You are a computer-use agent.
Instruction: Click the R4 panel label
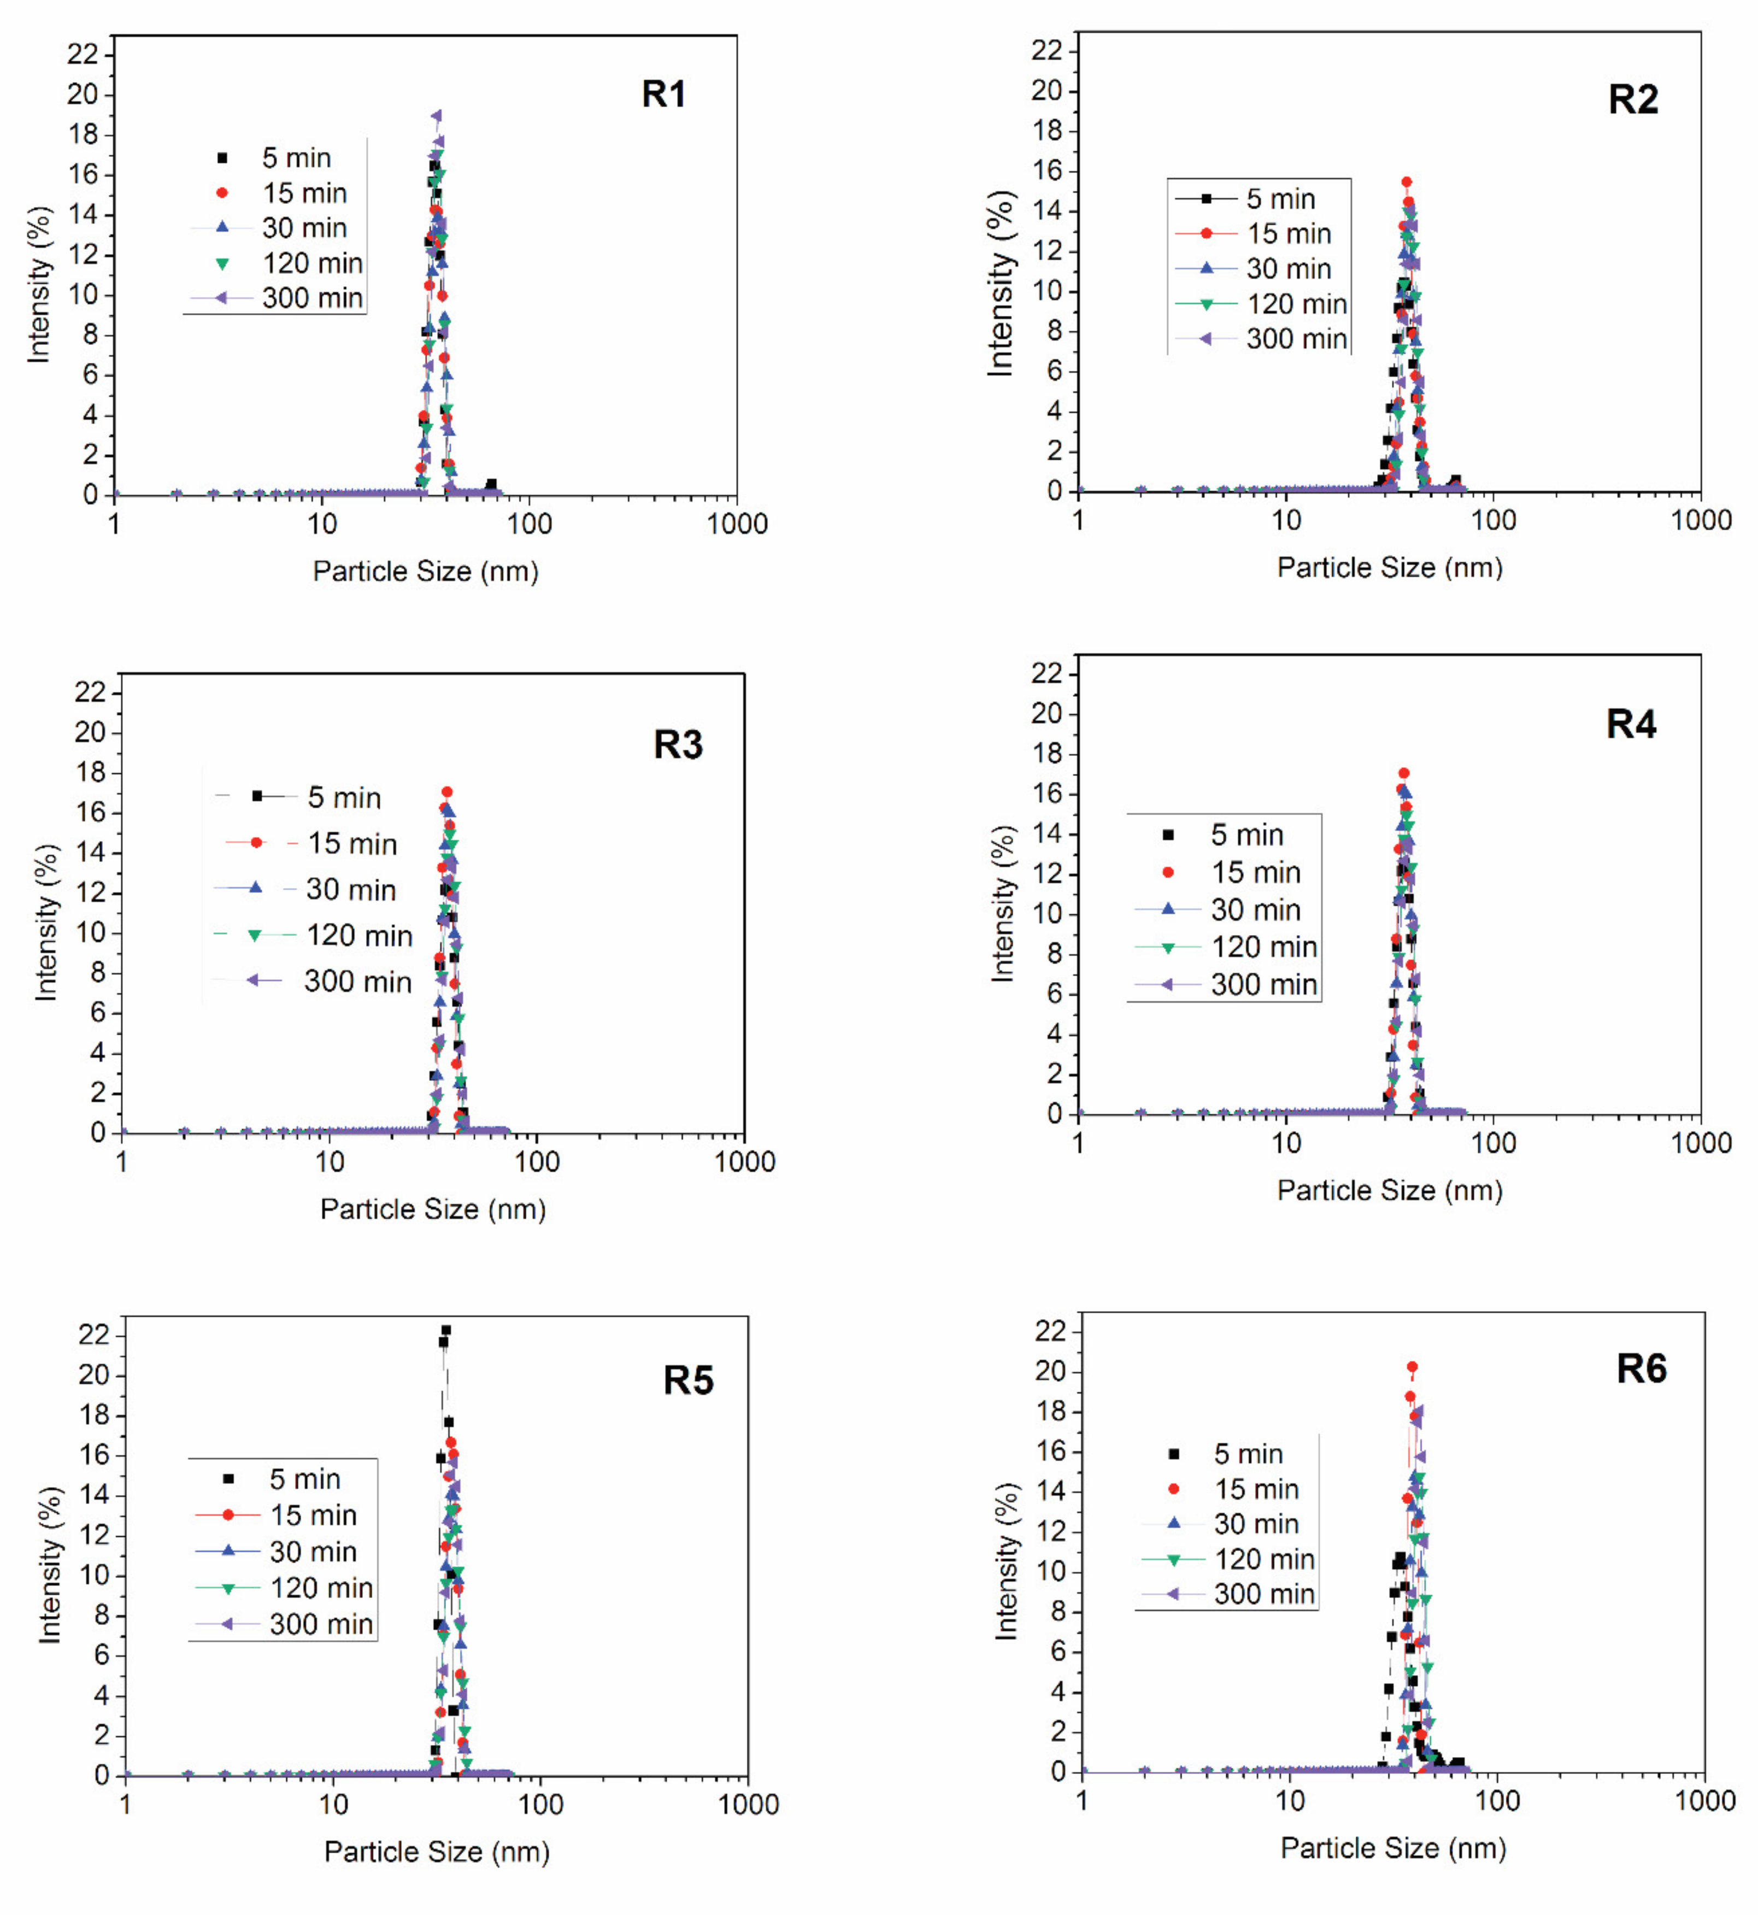pyautogui.click(x=1631, y=724)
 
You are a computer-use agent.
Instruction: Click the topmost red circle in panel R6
pyautogui.click(x=1412, y=1366)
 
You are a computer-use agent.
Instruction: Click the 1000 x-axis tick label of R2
pyautogui.click(x=1701, y=519)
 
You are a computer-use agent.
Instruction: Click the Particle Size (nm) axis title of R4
pyautogui.click(x=1389, y=1190)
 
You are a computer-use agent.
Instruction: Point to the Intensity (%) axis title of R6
pyautogui.click(x=1006, y=1560)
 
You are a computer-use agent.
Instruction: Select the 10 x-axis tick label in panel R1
pyautogui.click(x=321, y=523)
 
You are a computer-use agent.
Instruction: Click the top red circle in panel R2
pyautogui.click(x=1406, y=181)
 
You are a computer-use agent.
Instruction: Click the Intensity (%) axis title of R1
pyautogui.click(x=39, y=284)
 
